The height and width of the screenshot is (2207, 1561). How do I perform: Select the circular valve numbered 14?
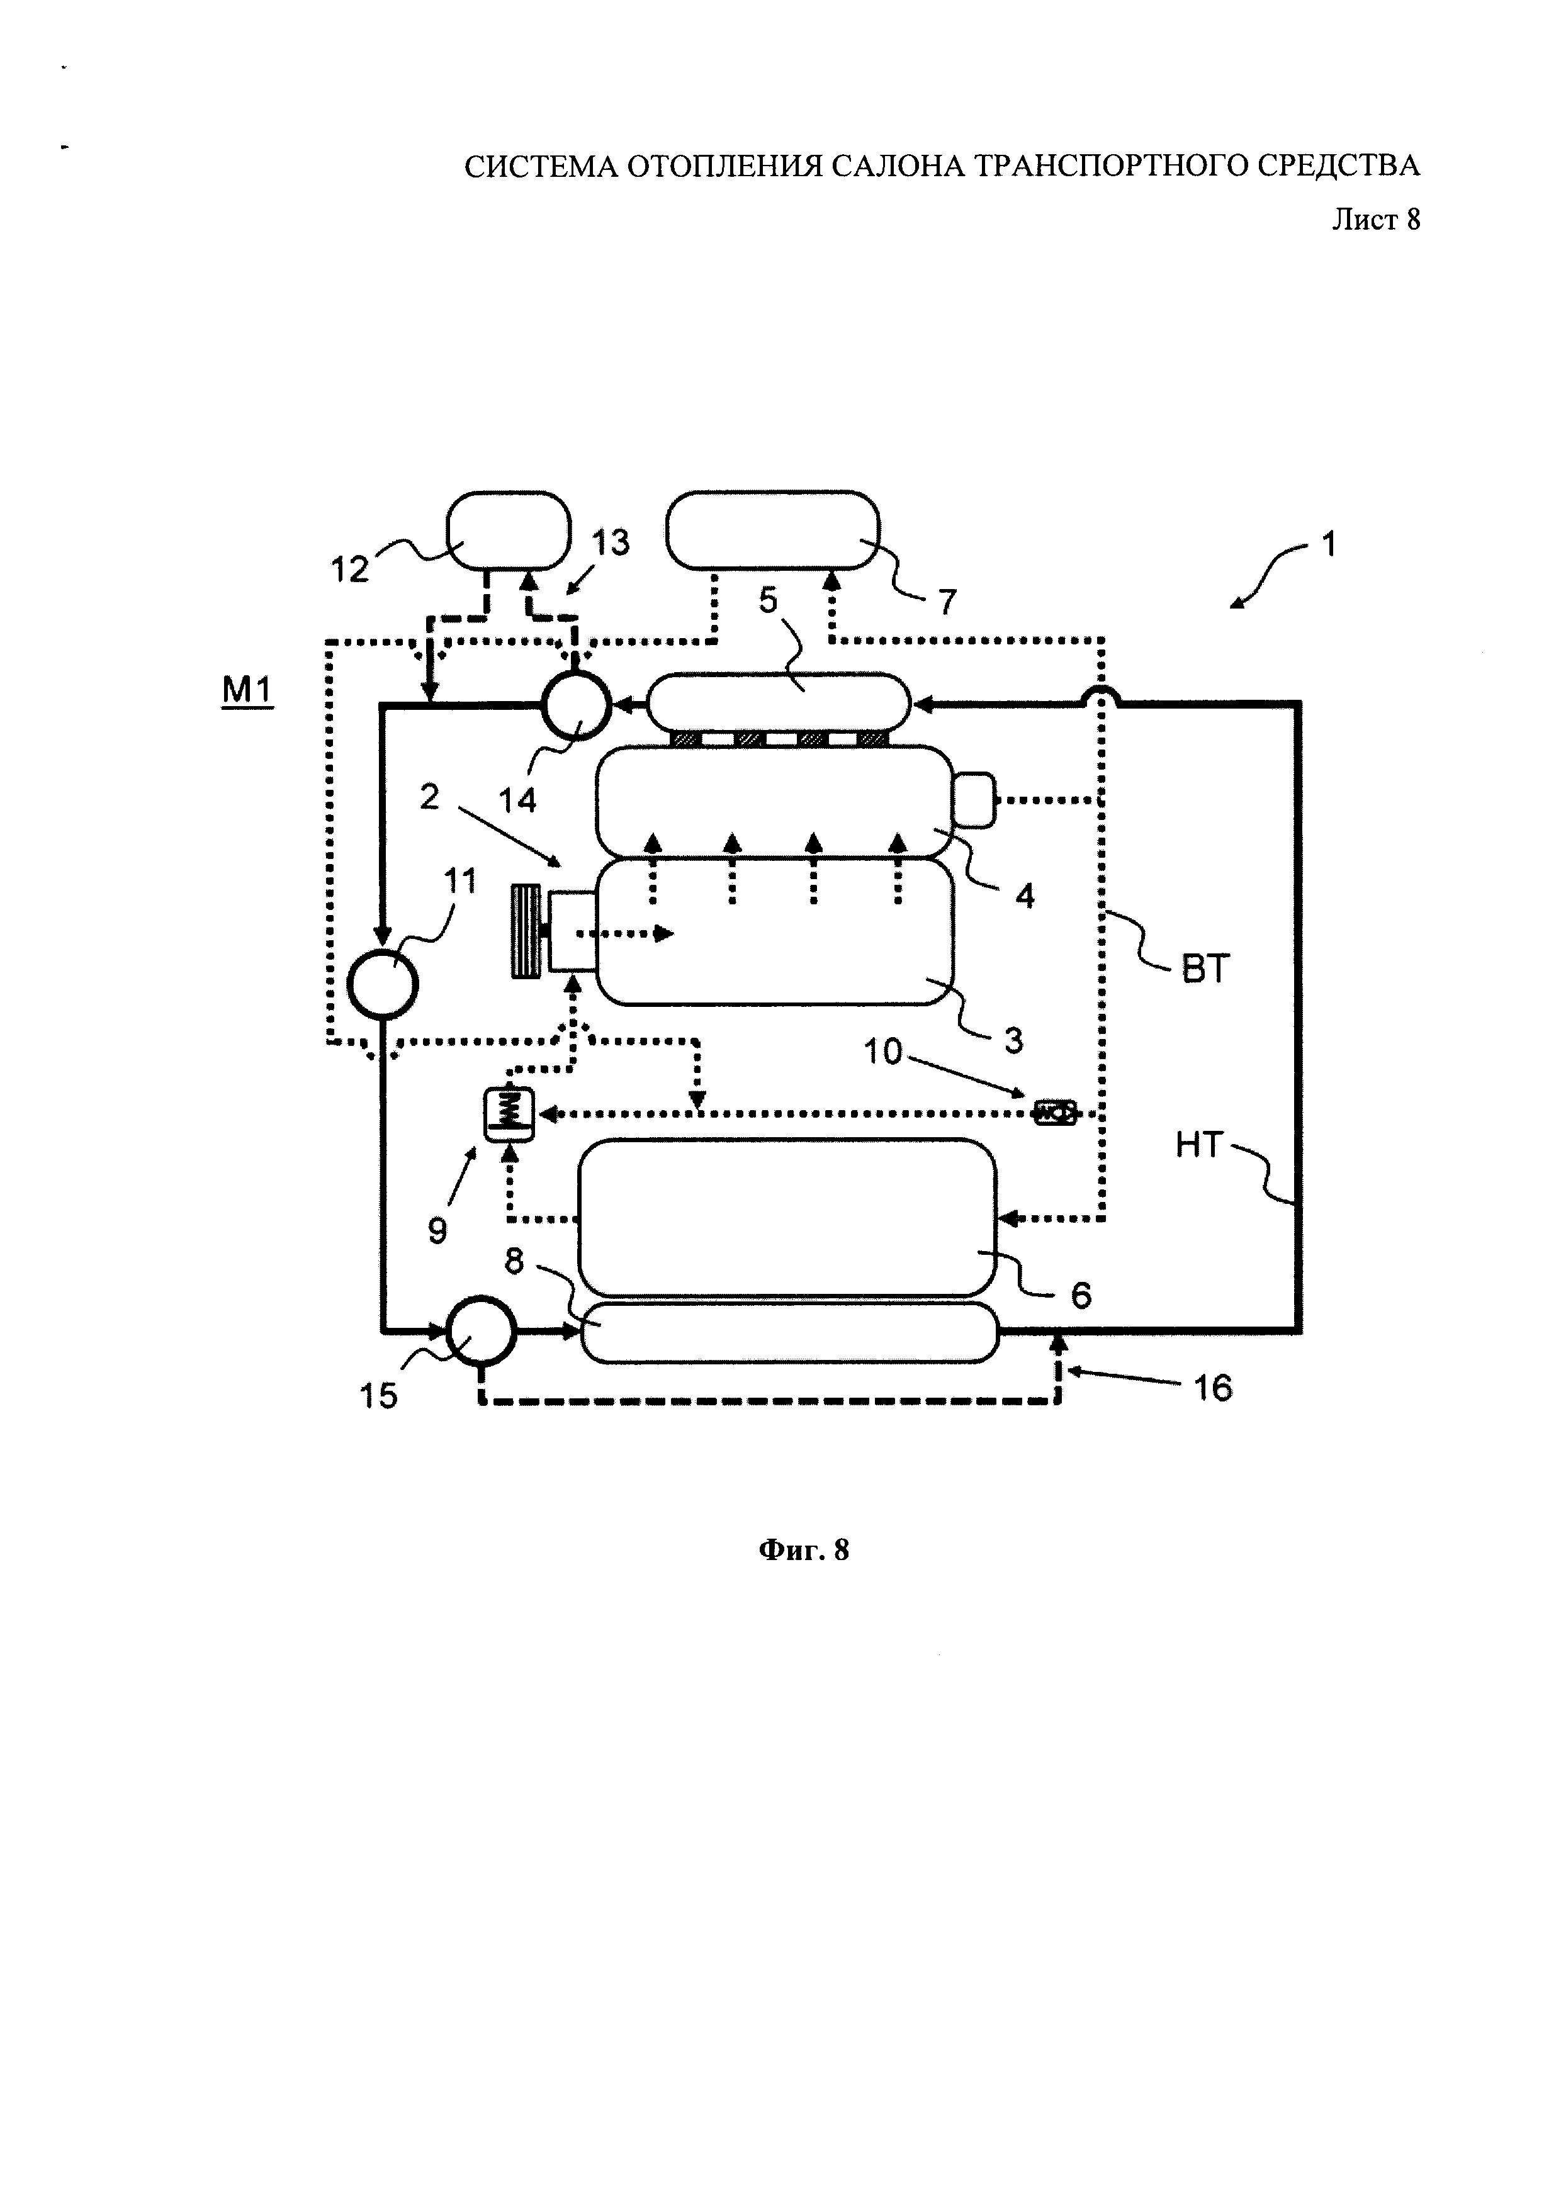[x=576, y=705]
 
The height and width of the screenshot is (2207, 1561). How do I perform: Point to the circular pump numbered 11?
[x=381, y=984]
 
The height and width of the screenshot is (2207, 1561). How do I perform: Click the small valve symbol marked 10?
[x=1054, y=1113]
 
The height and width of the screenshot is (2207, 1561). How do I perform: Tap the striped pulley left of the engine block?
[x=527, y=933]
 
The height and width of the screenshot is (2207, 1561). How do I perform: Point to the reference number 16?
[x=1212, y=1387]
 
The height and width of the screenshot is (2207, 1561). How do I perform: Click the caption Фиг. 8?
[x=804, y=1549]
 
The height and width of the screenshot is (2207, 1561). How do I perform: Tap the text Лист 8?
[x=1375, y=220]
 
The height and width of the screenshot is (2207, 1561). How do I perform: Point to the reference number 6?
[x=1080, y=1296]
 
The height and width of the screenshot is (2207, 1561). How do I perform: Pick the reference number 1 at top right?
[x=1328, y=545]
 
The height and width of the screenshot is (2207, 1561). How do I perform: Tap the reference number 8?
[x=514, y=1261]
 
